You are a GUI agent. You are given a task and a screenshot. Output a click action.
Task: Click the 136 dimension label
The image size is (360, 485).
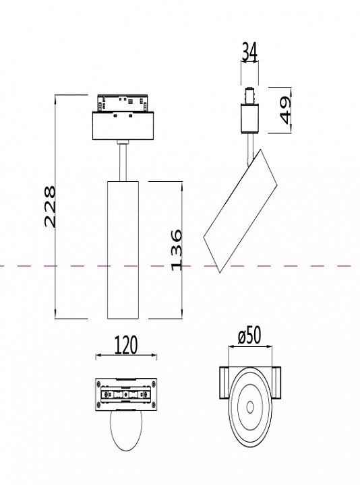point(176,250)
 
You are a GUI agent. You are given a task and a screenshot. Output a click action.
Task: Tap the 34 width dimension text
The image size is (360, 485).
point(249,51)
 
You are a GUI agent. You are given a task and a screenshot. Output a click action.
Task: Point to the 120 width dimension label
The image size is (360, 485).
point(125,346)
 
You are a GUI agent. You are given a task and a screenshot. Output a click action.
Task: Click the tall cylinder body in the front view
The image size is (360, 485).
point(123,249)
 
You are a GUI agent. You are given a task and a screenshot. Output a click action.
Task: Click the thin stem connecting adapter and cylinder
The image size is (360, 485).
point(123,161)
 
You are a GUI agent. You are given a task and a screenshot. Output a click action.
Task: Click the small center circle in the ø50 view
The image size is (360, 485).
point(251,407)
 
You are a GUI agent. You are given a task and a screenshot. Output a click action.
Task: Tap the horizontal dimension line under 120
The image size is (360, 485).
point(126,356)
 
